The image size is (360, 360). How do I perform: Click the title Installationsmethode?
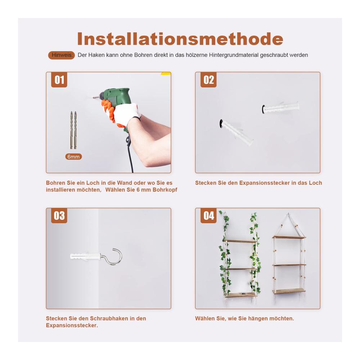point(180,39)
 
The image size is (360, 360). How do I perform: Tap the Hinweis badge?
point(62,55)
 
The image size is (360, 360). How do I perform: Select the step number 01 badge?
point(59,80)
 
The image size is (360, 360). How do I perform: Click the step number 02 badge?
point(208,80)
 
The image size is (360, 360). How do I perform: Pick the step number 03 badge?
point(59,216)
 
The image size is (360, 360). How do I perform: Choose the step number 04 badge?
point(208,216)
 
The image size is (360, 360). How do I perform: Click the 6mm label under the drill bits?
point(73,157)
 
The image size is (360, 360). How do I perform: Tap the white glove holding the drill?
point(127,114)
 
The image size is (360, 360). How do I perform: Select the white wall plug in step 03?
point(85,256)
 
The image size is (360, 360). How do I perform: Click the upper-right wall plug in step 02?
point(280,107)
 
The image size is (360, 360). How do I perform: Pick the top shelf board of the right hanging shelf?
point(289,237)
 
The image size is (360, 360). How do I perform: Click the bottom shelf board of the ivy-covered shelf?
point(241,295)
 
